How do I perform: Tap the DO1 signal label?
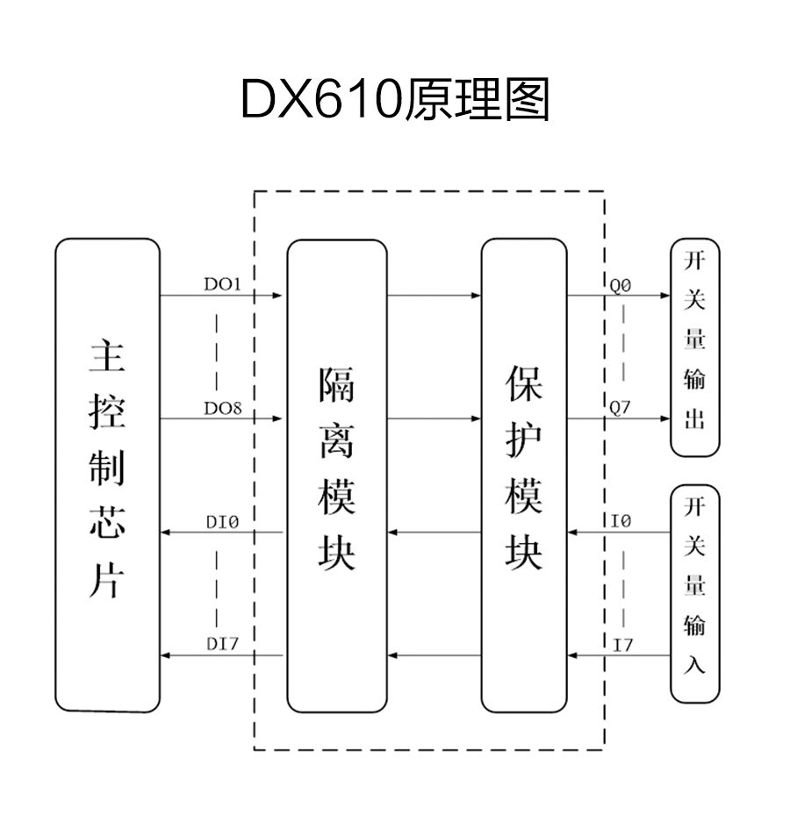pyautogui.click(x=223, y=284)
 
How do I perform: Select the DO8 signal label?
pyautogui.click(x=223, y=408)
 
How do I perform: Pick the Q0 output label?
pyautogui.click(x=621, y=284)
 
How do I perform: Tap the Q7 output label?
pyautogui.click(x=621, y=408)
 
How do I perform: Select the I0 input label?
pyautogui.click(x=621, y=522)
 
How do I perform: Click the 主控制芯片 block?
pyautogui.click(x=107, y=475)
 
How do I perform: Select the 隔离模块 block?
pyautogui.click(x=336, y=475)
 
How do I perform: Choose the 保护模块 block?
pyautogui.click(x=524, y=475)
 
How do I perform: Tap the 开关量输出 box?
pyautogui.click(x=694, y=347)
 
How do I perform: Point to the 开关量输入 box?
pyautogui.click(x=694, y=594)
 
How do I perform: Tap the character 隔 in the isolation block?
pyautogui.click(x=336, y=384)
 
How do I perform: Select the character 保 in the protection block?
pyautogui.click(x=524, y=384)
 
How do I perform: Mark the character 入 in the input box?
pyautogui.click(x=694, y=665)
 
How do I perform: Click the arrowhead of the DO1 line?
pyautogui.click(x=278, y=296)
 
